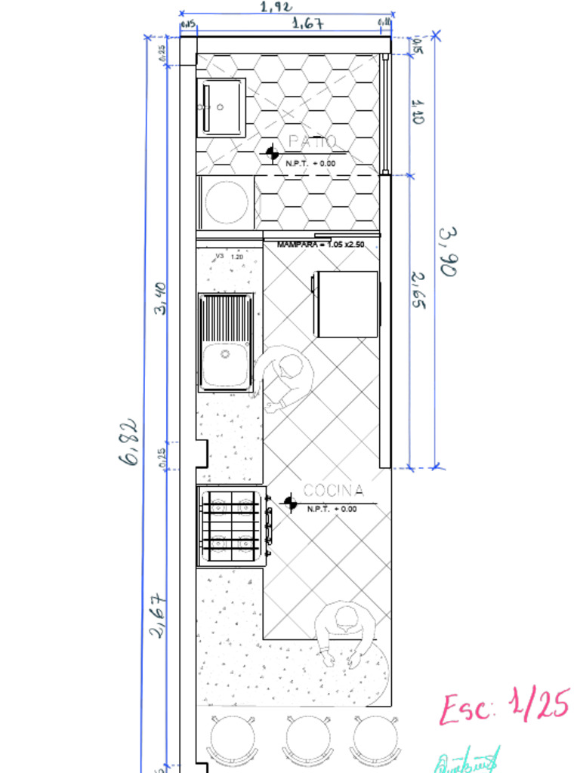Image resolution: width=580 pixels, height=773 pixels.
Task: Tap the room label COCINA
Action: [333, 491]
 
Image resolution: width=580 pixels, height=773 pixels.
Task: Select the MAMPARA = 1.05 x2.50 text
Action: [320, 245]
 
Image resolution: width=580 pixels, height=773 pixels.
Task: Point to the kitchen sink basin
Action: [225, 365]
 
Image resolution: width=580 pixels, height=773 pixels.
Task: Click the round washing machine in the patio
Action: [227, 202]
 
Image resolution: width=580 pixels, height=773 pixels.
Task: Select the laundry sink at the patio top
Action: [221, 107]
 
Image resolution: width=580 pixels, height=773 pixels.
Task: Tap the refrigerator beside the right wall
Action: [347, 303]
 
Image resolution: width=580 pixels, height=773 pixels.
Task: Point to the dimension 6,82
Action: [129, 441]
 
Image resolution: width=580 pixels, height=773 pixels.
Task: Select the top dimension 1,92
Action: [277, 7]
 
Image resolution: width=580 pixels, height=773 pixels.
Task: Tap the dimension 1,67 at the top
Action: [308, 23]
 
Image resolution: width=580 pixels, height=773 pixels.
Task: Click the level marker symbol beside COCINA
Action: [288, 502]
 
